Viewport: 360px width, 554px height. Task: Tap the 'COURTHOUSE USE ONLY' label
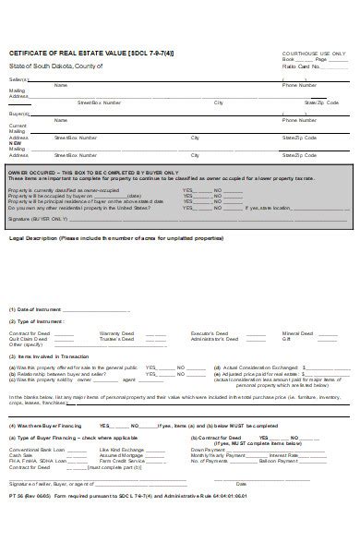(313, 53)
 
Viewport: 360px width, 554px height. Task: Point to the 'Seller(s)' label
(18, 80)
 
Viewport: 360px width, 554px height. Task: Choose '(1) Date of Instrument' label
(35, 308)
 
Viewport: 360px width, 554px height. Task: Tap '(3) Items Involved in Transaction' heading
(44, 355)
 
